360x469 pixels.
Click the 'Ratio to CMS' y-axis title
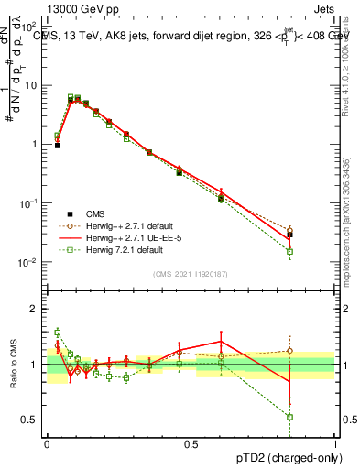pos(13,364)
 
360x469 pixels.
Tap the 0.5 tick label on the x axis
pos(191,442)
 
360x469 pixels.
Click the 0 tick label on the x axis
pos(47,442)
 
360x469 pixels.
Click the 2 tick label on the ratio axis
pos(34,309)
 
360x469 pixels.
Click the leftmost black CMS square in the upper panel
pos(57,145)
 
